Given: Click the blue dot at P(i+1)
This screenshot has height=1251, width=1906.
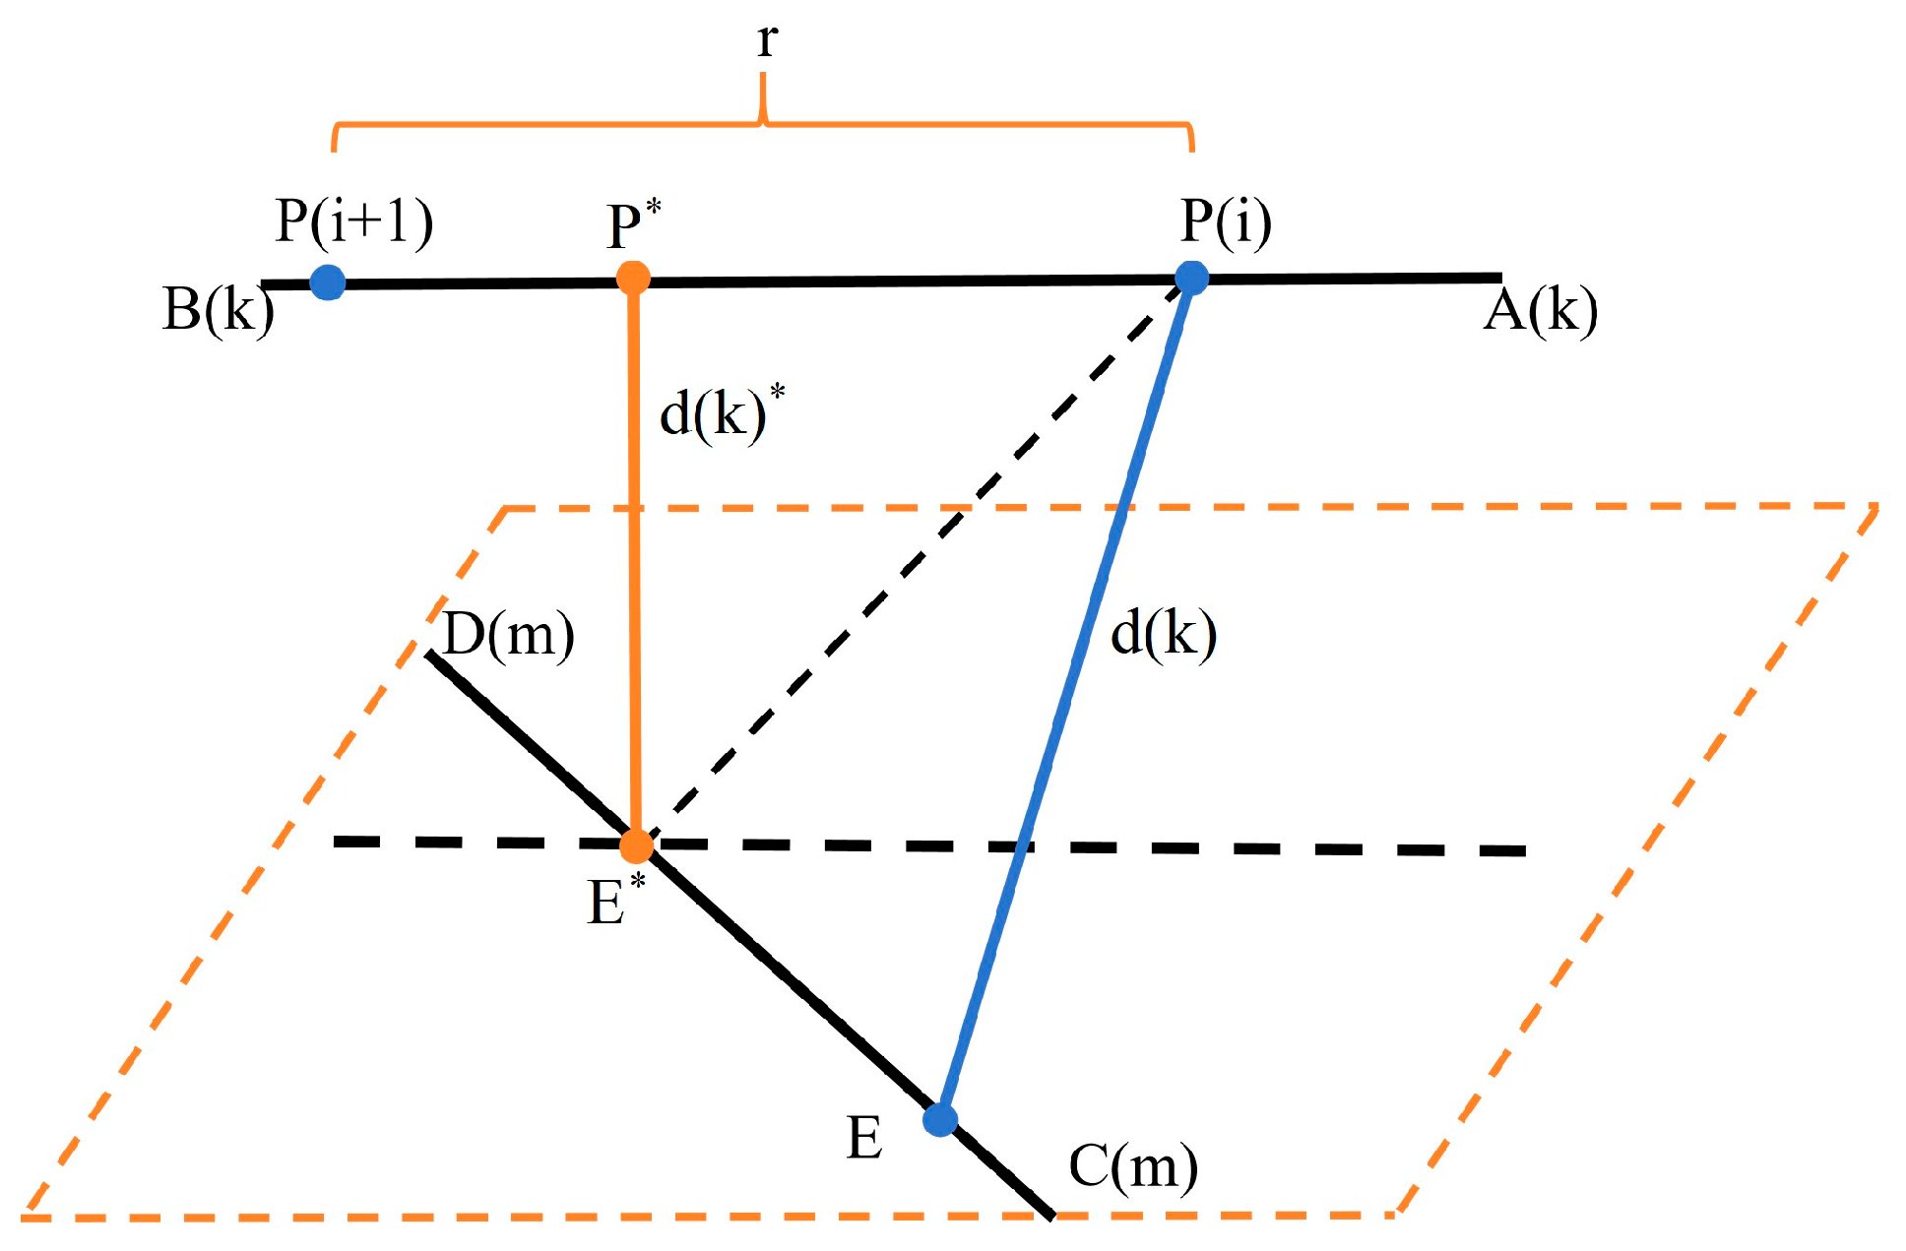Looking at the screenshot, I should [x=328, y=282].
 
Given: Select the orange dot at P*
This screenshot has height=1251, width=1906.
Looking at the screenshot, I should [x=633, y=278].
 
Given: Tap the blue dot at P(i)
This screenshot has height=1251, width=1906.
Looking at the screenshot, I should [x=1191, y=278].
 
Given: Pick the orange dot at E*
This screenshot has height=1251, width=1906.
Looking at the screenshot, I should [x=637, y=844].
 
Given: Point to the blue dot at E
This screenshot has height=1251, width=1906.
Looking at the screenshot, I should [x=940, y=1119].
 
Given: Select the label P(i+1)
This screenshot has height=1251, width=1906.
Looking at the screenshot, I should [x=353, y=220].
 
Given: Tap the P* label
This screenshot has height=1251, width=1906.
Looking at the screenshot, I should [x=633, y=225].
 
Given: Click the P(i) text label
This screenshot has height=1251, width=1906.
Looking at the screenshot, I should [x=1226, y=220].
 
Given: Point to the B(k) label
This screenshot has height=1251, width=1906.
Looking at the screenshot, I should [x=218, y=310].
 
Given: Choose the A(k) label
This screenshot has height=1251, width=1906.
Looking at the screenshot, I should [x=1540, y=312].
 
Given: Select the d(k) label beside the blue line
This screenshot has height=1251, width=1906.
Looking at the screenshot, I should [x=1163, y=632].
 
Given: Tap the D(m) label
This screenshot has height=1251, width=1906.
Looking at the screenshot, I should [x=508, y=634].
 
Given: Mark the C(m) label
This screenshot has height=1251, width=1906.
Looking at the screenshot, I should [x=1133, y=1167].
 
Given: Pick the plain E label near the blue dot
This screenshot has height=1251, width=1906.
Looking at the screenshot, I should [x=864, y=1140].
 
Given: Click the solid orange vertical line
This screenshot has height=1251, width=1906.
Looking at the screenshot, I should [x=635, y=561].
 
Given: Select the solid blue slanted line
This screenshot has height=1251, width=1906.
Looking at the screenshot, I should [x=1073, y=689].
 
